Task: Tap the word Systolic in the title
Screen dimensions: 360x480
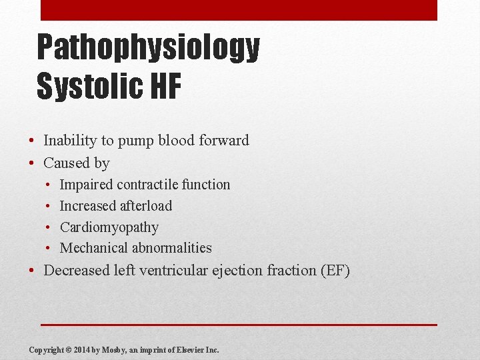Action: point(87,87)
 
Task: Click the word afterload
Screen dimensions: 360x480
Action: point(146,206)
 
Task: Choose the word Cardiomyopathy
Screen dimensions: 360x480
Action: point(109,227)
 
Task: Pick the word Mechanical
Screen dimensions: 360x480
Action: point(93,248)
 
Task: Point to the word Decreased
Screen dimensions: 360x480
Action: point(76,271)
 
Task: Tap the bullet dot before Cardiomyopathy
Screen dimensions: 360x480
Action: point(49,227)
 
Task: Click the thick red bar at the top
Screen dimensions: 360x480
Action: point(239,10)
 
